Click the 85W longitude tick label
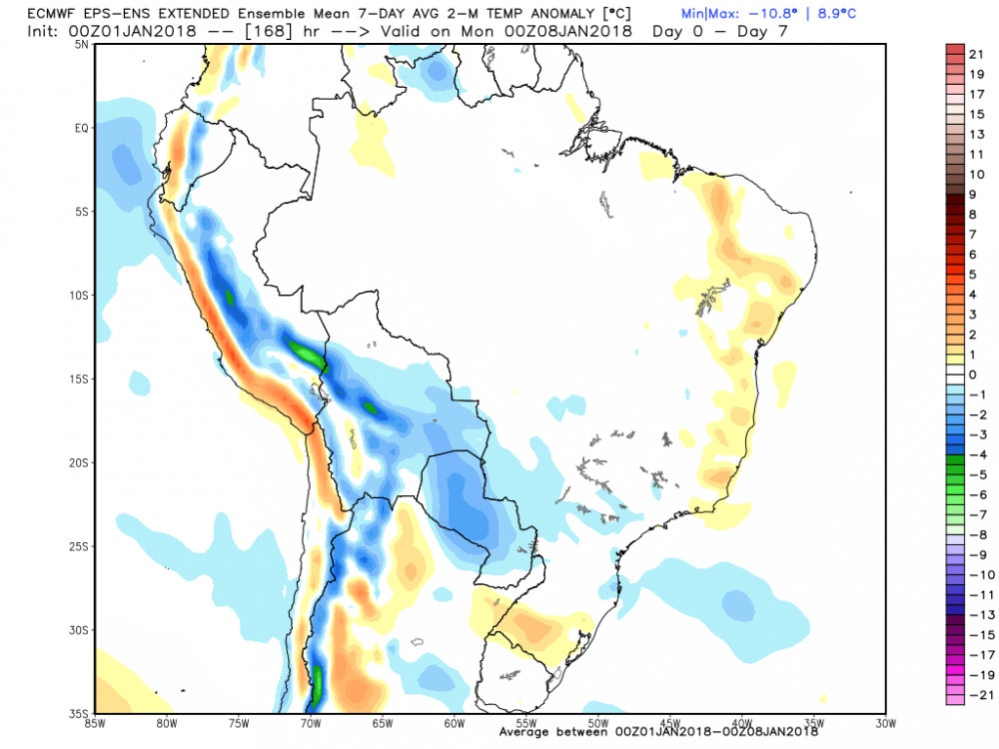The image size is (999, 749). coord(97,721)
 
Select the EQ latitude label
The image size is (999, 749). coord(82,128)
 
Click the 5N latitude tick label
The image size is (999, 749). coord(82,44)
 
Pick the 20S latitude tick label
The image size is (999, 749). coord(80,462)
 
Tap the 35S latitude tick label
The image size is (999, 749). coord(80,713)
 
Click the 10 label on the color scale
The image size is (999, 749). coord(977,174)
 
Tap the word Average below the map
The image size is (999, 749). coord(524,732)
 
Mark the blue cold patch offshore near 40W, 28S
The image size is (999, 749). coord(738,602)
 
